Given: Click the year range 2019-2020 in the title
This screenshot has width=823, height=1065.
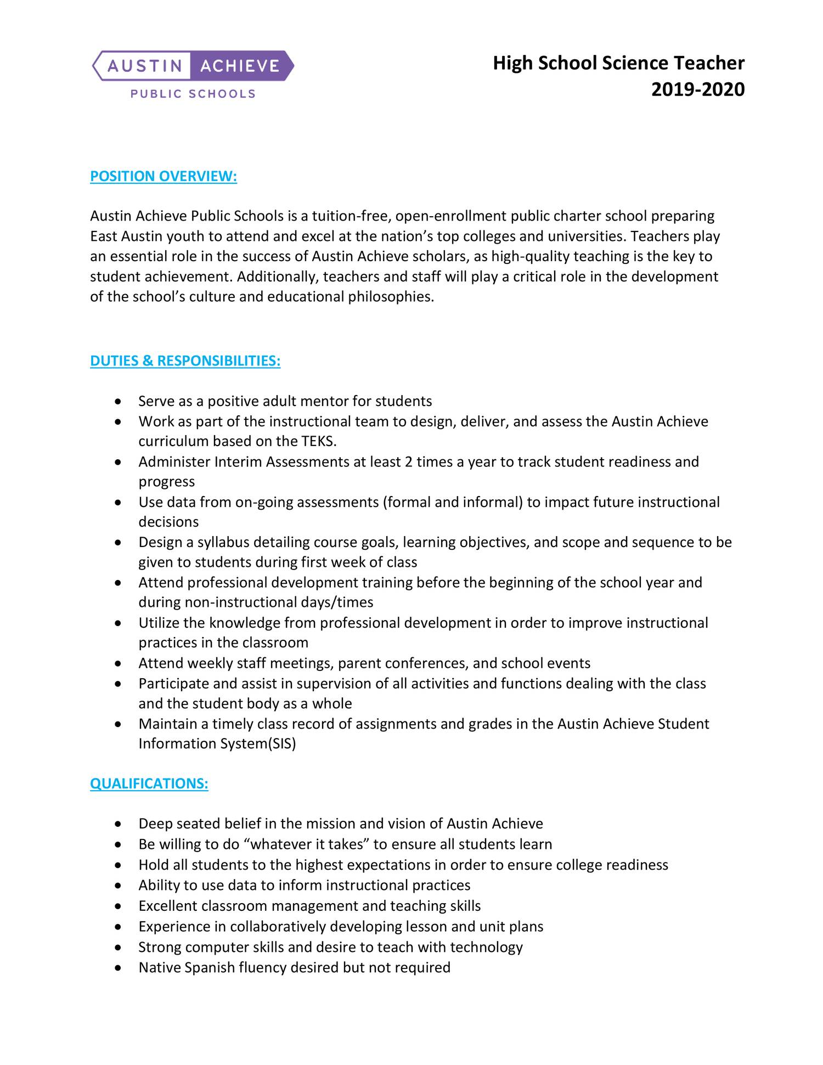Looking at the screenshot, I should pos(698,89).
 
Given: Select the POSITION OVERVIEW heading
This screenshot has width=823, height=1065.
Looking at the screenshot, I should pos(164,177).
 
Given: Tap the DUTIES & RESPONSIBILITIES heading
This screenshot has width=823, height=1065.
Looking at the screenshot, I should pos(185,361).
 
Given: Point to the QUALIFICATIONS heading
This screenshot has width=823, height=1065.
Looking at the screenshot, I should pos(149,784).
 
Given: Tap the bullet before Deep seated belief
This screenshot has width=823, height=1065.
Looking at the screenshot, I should pos(119,825).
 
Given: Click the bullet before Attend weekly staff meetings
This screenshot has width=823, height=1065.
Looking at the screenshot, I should pos(119,664).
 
